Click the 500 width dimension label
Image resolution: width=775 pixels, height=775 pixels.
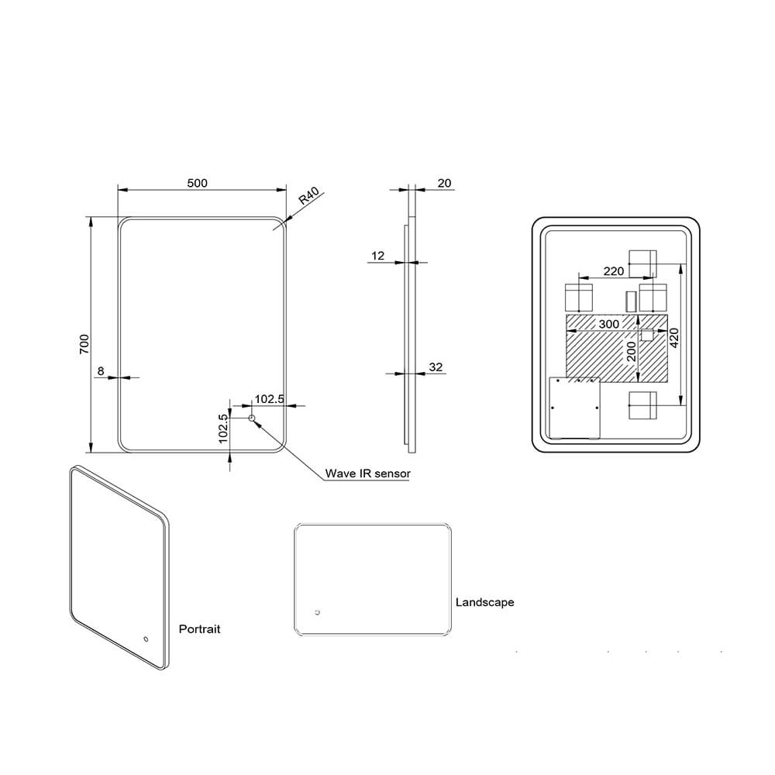tap(198, 183)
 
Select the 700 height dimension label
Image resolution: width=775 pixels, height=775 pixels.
tap(84, 344)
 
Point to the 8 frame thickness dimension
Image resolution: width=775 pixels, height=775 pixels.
tap(101, 370)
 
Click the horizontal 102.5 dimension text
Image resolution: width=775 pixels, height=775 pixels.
tap(270, 399)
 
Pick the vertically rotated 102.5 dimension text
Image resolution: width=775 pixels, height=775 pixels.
tap(223, 428)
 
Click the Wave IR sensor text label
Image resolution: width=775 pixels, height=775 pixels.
tap(367, 473)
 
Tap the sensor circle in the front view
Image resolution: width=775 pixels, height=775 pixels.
tap(251, 419)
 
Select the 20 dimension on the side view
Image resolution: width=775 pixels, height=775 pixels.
tap(444, 183)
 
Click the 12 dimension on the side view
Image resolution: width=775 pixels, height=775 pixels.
tap(378, 255)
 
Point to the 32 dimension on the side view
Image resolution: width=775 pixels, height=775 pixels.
tap(436, 367)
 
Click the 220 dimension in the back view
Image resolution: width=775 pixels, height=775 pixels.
tap(613, 271)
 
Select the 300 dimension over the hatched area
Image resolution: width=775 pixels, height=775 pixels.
tap(609, 323)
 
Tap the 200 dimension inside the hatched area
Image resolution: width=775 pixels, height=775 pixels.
tap(632, 352)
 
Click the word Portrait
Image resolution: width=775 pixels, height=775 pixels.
tap(199, 629)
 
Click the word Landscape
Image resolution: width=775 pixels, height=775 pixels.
tap(484, 602)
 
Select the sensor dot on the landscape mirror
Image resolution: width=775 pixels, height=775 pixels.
tap(316, 614)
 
